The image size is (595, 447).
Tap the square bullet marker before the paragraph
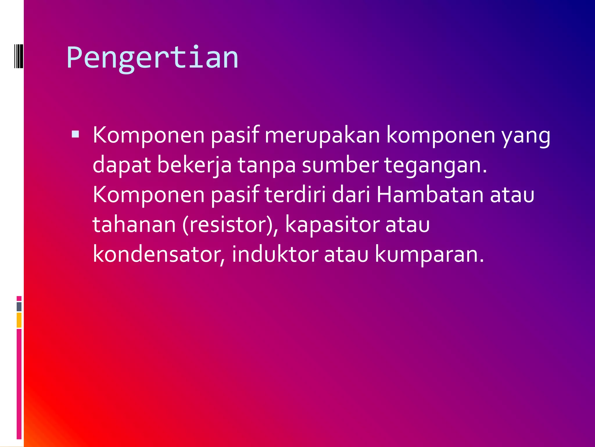(x=75, y=134)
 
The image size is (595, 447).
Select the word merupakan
(x=322, y=136)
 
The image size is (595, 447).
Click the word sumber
(x=340, y=165)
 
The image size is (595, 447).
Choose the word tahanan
(x=134, y=224)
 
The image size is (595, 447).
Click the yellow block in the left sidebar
(x=19, y=320)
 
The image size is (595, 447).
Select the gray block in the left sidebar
(x=19, y=307)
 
